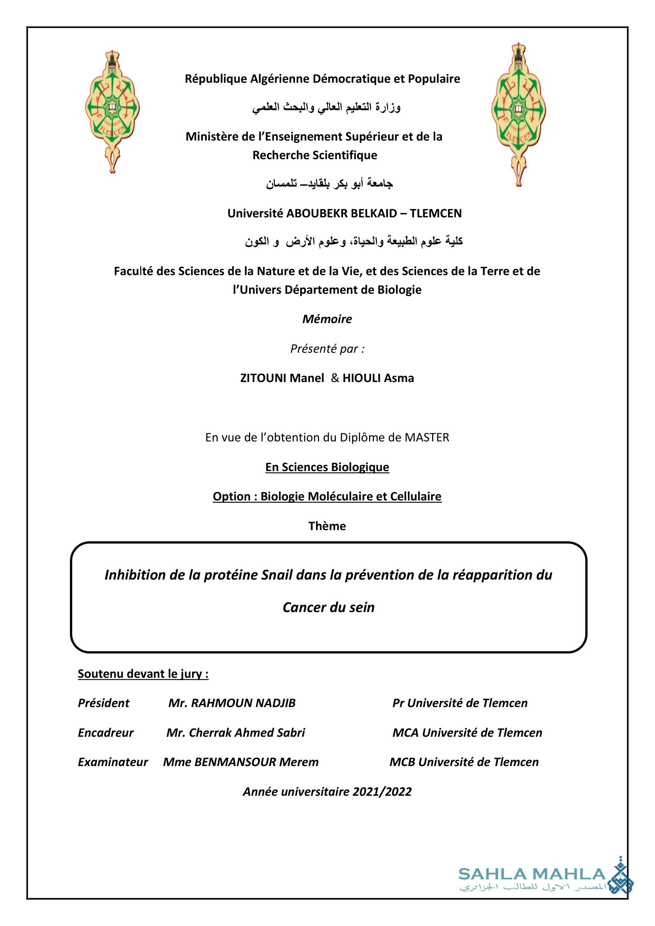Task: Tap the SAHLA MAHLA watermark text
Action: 531,874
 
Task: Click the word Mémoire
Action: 327,319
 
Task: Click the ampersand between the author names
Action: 335,378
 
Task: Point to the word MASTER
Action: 427,437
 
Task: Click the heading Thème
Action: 327,526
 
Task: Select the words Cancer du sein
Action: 328,607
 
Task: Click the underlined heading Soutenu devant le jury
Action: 143,673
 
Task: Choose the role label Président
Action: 104,703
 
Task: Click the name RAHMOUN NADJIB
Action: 243,703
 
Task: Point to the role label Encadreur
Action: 106,732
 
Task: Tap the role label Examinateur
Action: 113,762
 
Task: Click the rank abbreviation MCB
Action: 402,762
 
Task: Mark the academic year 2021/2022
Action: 382,792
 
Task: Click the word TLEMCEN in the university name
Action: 436,213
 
